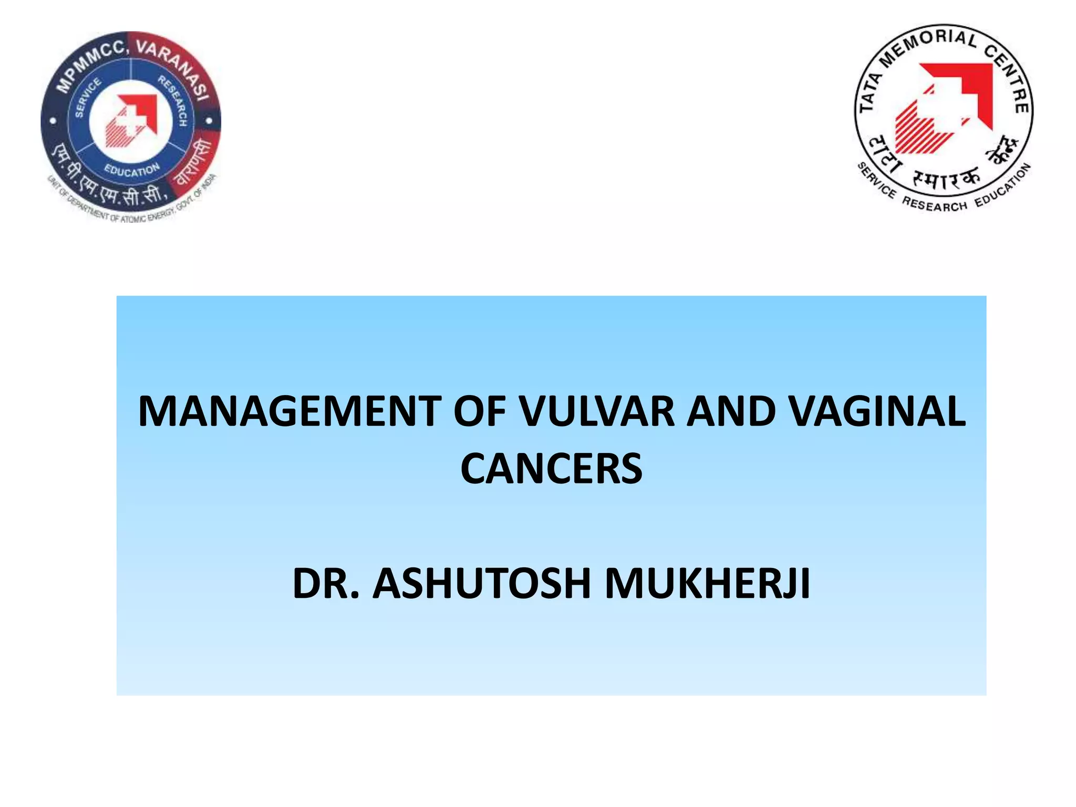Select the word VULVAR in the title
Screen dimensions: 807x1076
click(596, 411)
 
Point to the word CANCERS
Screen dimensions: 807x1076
click(551, 469)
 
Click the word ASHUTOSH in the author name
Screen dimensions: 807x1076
click(481, 583)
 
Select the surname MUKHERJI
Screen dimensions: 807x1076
click(707, 583)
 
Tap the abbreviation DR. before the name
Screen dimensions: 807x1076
click(326, 583)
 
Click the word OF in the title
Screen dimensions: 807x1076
click(480, 411)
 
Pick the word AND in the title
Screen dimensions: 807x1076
click(731, 411)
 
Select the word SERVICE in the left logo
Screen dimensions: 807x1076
click(87, 98)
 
